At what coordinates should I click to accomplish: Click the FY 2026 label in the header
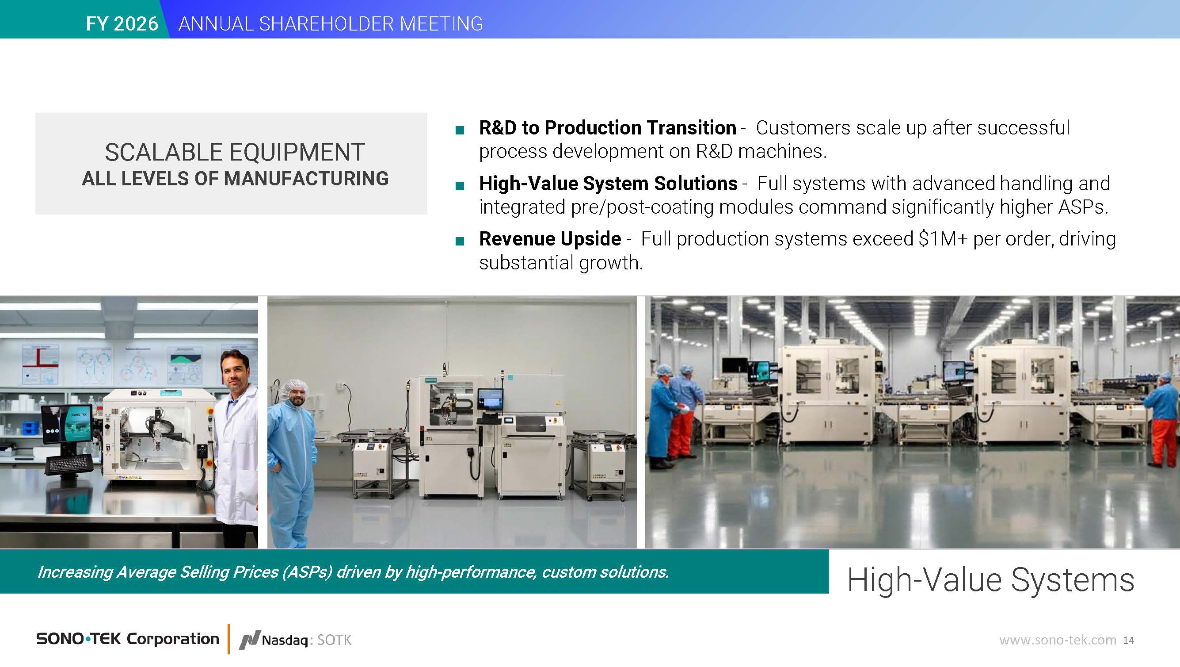[122, 24]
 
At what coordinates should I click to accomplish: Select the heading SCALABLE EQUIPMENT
[235, 152]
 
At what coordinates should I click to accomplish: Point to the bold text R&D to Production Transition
[607, 127]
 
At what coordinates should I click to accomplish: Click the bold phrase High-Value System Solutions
[608, 184]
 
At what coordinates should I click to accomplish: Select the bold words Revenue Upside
[550, 239]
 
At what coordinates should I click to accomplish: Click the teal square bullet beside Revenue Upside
[460, 241]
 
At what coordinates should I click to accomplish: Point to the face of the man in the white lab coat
[235, 373]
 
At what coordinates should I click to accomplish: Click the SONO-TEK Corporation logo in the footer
[128, 639]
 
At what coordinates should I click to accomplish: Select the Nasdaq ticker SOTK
[335, 640]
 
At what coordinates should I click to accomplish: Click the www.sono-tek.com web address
[1058, 640]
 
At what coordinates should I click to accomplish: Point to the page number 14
[1129, 640]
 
